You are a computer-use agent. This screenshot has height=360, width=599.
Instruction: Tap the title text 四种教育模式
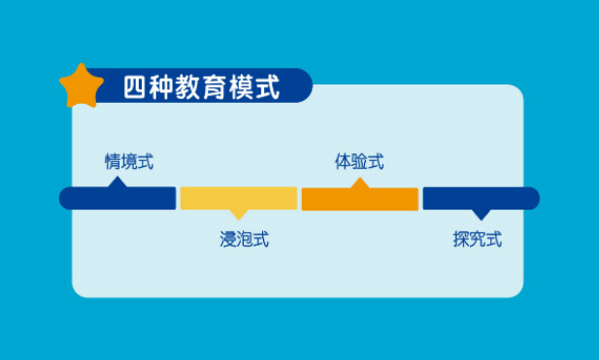coord(201,87)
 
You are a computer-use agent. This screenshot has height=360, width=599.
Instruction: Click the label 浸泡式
coord(245,239)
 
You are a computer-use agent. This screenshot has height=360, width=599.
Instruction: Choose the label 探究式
coord(478,239)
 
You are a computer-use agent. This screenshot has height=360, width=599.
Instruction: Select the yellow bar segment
coord(238,198)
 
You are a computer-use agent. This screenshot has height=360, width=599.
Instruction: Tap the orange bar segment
coord(360,199)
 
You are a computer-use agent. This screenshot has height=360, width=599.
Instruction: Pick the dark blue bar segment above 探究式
coord(481,198)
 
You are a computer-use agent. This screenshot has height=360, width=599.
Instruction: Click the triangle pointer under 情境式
coord(118,181)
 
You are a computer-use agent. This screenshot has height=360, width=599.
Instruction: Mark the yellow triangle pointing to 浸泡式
coord(239,214)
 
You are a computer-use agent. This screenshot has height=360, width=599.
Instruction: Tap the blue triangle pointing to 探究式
coord(480,214)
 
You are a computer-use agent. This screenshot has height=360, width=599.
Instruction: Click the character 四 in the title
coord(135,87)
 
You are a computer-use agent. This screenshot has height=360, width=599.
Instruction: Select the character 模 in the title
coord(241,87)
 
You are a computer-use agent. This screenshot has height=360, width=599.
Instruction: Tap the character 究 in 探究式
coord(478,239)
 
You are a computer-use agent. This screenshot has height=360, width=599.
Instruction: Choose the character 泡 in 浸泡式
coord(245,239)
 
